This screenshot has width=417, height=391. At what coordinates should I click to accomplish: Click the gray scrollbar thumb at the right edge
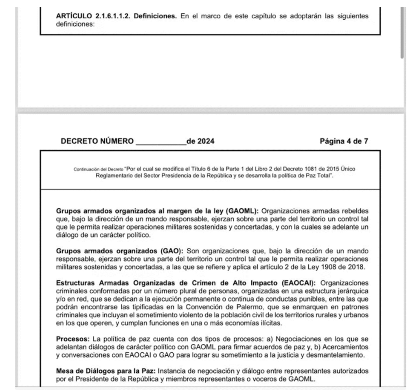(403, 33)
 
